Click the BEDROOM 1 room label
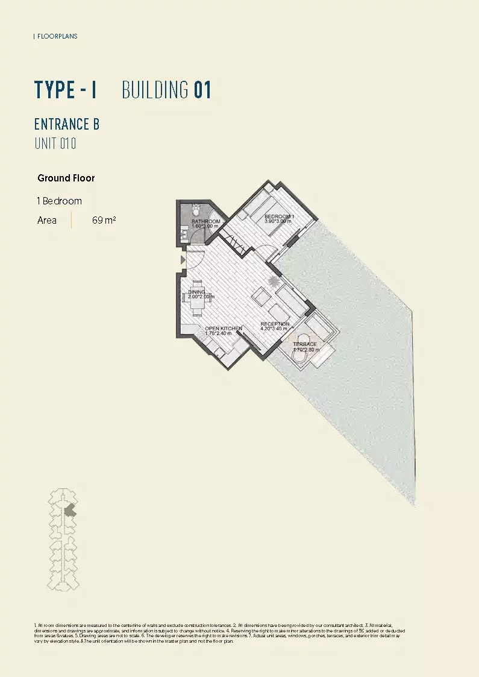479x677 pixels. [279, 216]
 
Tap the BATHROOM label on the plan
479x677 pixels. [205, 222]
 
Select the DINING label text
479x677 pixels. [197, 292]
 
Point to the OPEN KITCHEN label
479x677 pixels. [224, 329]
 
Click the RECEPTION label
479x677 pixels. [275, 324]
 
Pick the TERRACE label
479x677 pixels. [304, 344]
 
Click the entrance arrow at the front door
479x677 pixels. [183, 260]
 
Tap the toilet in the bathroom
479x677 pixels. [196, 210]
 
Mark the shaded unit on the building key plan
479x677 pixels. [70, 510]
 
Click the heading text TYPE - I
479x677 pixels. [66, 90]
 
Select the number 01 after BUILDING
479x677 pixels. [202, 90]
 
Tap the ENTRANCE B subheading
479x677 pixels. [67, 124]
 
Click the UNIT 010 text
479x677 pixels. [55, 144]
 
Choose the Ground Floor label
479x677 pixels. [66, 178]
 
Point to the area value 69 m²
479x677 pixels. [104, 220]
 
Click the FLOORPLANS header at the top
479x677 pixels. [57, 36]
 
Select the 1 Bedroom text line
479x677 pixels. [60, 201]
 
